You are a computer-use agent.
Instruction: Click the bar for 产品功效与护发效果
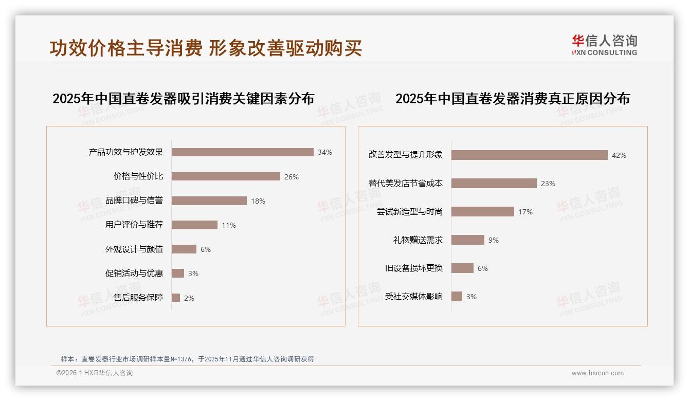[x=242, y=152]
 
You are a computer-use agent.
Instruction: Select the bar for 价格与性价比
[x=226, y=176]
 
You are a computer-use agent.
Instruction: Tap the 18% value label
[x=258, y=201]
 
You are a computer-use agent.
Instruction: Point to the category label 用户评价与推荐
[x=134, y=225]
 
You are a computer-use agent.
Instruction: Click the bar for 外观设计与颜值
[x=184, y=249]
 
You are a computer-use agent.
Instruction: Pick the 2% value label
[x=189, y=298]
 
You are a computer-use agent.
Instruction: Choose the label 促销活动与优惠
[x=134, y=274]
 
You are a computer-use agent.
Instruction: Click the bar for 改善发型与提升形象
[x=530, y=155]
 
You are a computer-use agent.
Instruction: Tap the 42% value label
[x=619, y=155]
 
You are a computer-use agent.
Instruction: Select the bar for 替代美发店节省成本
[x=494, y=184]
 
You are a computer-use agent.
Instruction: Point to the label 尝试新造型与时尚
[x=410, y=212]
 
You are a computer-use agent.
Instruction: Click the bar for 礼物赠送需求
[x=468, y=240]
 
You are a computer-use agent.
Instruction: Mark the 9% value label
[x=494, y=240]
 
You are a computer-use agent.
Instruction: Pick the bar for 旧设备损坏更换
[x=463, y=268]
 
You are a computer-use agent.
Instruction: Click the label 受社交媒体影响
[x=414, y=297]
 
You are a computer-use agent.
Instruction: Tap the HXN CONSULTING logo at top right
[x=605, y=45]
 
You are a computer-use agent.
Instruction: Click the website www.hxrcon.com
[x=597, y=373]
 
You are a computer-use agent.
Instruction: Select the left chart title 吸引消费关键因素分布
[x=183, y=99]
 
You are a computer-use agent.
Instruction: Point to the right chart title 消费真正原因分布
[x=512, y=99]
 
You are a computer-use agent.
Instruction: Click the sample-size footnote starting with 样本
[x=187, y=359]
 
